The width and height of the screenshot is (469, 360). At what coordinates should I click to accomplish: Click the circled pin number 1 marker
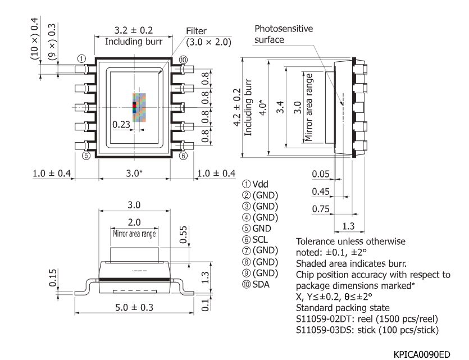click(x=81, y=58)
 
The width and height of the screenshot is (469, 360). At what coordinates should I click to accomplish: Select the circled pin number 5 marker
click(x=86, y=156)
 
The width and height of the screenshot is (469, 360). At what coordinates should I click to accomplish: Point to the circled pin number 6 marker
click(x=183, y=156)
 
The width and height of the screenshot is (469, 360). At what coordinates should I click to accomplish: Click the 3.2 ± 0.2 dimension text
click(x=133, y=31)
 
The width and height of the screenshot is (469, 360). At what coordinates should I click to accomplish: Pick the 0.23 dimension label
click(x=122, y=124)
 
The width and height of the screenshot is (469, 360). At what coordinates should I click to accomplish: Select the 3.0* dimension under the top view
click(x=133, y=174)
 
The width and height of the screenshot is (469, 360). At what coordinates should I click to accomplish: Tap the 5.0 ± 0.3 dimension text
click(x=133, y=308)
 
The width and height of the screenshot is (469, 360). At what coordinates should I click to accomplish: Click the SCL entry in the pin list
click(x=262, y=239)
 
